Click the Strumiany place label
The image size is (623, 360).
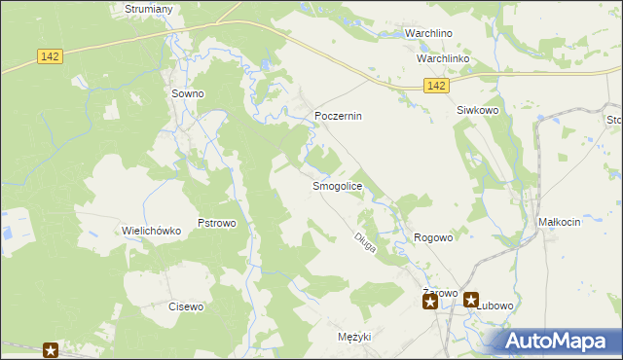click(149, 9)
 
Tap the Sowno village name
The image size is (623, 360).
click(187, 93)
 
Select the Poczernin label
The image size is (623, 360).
click(338, 116)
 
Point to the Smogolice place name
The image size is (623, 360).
click(337, 185)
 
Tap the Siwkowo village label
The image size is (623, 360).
click(478, 111)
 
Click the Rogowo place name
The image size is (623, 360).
click(434, 237)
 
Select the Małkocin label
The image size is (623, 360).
click(559, 222)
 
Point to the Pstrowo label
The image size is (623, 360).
click(217, 223)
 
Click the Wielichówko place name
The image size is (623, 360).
click(152, 231)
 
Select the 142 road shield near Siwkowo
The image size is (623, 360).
click(437, 87)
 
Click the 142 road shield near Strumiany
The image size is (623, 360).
click(52, 57)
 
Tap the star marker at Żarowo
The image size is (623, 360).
click(429, 302)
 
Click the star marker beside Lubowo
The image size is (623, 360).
click(471, 302)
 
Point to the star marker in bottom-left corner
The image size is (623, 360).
click(51, 350)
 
